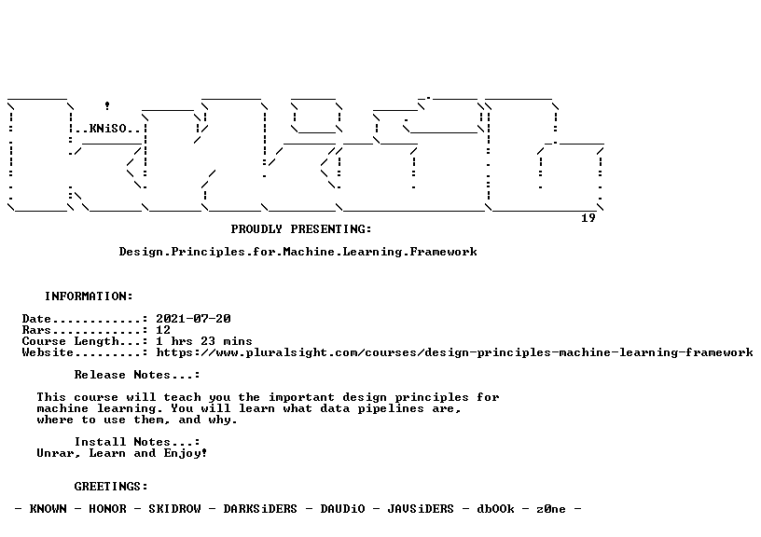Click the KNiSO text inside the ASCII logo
(108, 129)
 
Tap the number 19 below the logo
(588, 218)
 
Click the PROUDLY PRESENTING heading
(301, 229)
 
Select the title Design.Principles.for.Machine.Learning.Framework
(298, 252)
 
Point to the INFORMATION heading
(89, 296)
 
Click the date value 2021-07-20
(193, 319)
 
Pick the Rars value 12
(163, 330)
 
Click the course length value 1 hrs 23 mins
(204, 341)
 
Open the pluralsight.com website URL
(454, 352)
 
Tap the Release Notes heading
(137, 375)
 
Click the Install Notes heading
(137, 442)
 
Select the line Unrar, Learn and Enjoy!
(122, 454)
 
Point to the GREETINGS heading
(111, 487)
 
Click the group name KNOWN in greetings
(48, 509)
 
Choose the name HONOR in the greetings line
(107, 509)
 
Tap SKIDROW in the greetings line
(174, 509)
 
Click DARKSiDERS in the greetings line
(260, 509)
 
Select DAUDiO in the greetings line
(342, 509)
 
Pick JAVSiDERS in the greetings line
(421, 509)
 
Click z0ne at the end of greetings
(551, 509)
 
